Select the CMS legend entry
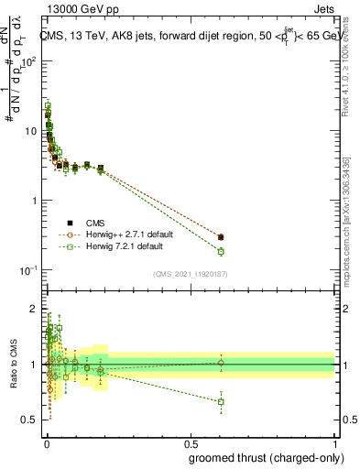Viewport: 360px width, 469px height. point(95,223)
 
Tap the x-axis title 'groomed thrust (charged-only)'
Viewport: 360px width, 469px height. point(262,457)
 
